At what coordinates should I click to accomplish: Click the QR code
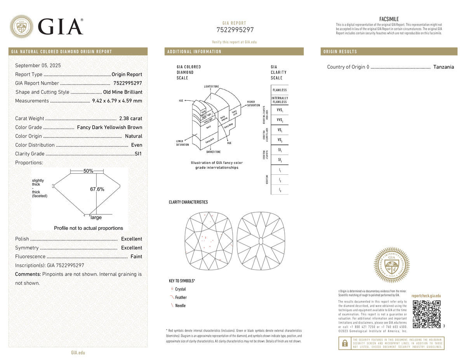pos(426,314)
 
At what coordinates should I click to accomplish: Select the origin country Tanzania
pos(443,67)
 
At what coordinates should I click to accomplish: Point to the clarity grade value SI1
pos(138,154)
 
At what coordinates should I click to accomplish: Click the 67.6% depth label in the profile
pos(97,189)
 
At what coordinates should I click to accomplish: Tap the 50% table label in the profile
pos(89,171)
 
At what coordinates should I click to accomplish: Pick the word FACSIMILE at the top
pos(389,19)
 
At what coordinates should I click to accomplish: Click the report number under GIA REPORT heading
pos(235,30)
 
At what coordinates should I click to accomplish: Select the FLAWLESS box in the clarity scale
pos(280,90)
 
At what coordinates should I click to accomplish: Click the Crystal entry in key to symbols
pos(180,289)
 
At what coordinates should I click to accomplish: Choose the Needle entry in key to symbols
pos(180,306)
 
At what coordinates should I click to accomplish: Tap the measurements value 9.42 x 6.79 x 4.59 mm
pos(117,101)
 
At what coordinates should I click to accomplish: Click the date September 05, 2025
pos(38,66)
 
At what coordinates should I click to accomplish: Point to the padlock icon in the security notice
pos(344,343)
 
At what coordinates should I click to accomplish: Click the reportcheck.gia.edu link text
pos(426,296)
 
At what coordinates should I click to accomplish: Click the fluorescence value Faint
pos(136,256)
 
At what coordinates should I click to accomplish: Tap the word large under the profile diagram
pos(96,217)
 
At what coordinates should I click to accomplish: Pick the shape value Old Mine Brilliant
pos(123,92)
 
